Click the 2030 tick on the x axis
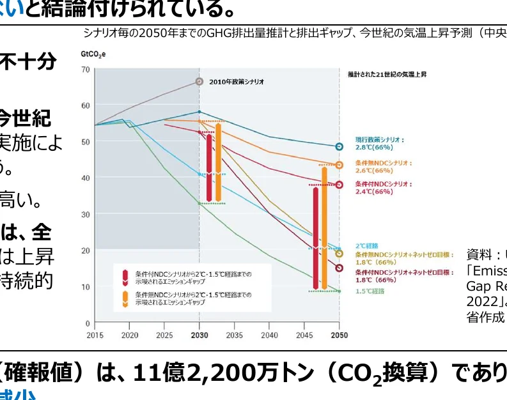[x=199, y=335]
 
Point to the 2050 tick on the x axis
[x=339, y=335]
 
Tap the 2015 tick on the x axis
[x=95, y=335]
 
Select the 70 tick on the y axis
[x=86, y=68]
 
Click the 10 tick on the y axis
[x=86, y=287]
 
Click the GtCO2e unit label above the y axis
[x=93, y=54]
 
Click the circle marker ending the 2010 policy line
[x=199, y=82]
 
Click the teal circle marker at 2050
[x=339, y=146]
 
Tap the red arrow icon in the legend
[x=125, y=277]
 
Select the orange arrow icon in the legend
[x=125, y=298]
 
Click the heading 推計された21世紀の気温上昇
[x=387, y=75]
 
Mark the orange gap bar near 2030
[x=218, y=162]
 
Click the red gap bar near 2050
[x=316, y=238]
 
